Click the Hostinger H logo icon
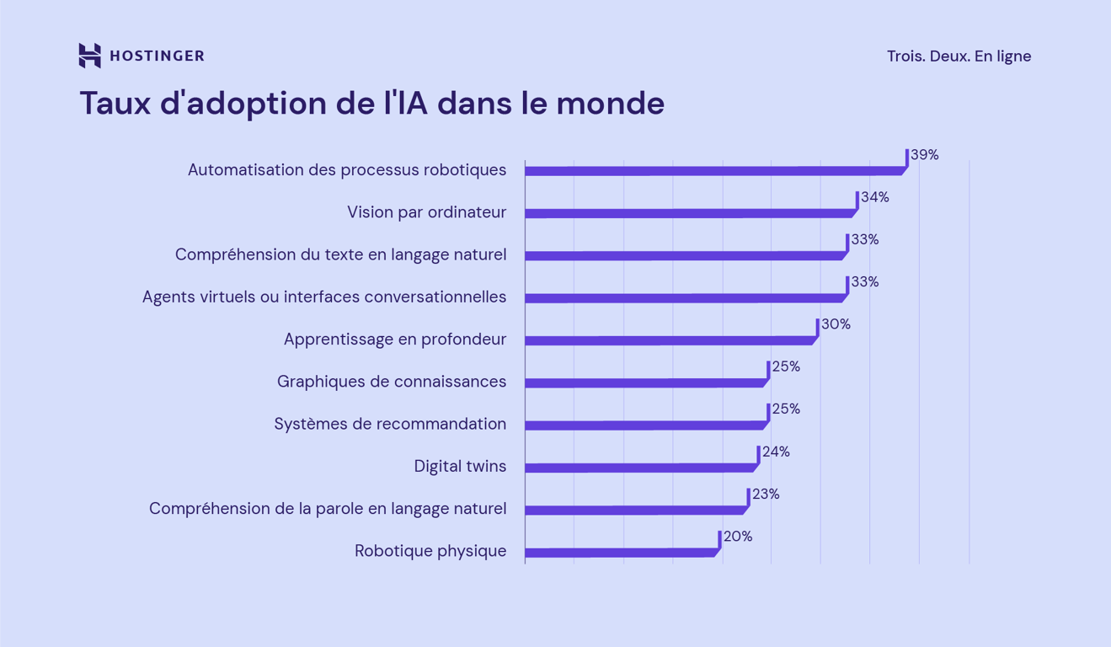click(89, 56)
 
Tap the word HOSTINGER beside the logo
click(157, 56)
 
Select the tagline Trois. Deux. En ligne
click(959, 56)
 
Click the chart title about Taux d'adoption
click(371, 104)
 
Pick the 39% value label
click(925, 155)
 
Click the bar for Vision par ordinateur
click(688, 213)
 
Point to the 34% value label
click(875, 197)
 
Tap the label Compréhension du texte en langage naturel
click(340, 254)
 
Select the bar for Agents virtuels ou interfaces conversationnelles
click(683, 298)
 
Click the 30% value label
click(836, 324)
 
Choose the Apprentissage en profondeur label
click(394, 340)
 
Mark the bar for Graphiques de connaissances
click(644, 383)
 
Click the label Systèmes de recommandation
click(390, 424)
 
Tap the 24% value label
click(776, 452)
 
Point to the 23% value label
click(766, 494)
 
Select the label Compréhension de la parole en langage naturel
click(328, 509)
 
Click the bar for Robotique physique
click(619, 553)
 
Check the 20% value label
click(738, 537)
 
